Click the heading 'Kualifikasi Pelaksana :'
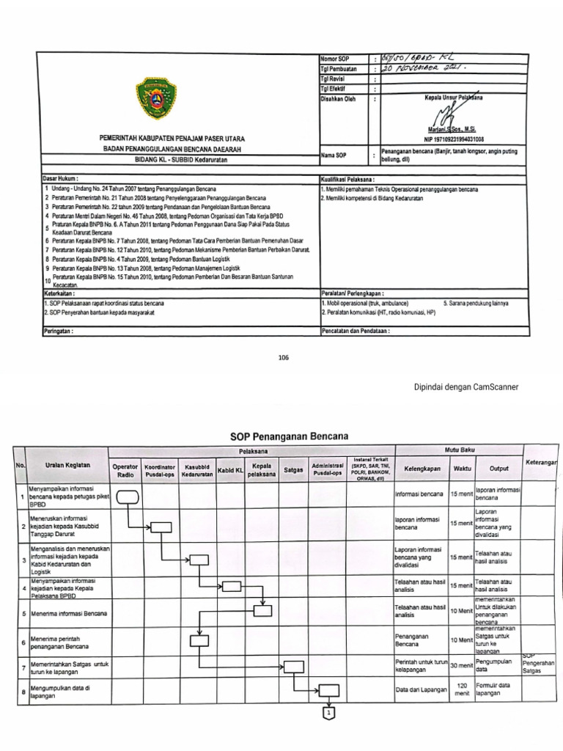pos(347,178)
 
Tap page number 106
pos(284,357)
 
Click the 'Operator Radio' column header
pos(125,470)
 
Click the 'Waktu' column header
pos(462,466)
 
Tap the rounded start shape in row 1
pos(127,497)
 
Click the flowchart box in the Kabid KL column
pos(232,585)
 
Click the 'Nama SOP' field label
pos(334,156)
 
